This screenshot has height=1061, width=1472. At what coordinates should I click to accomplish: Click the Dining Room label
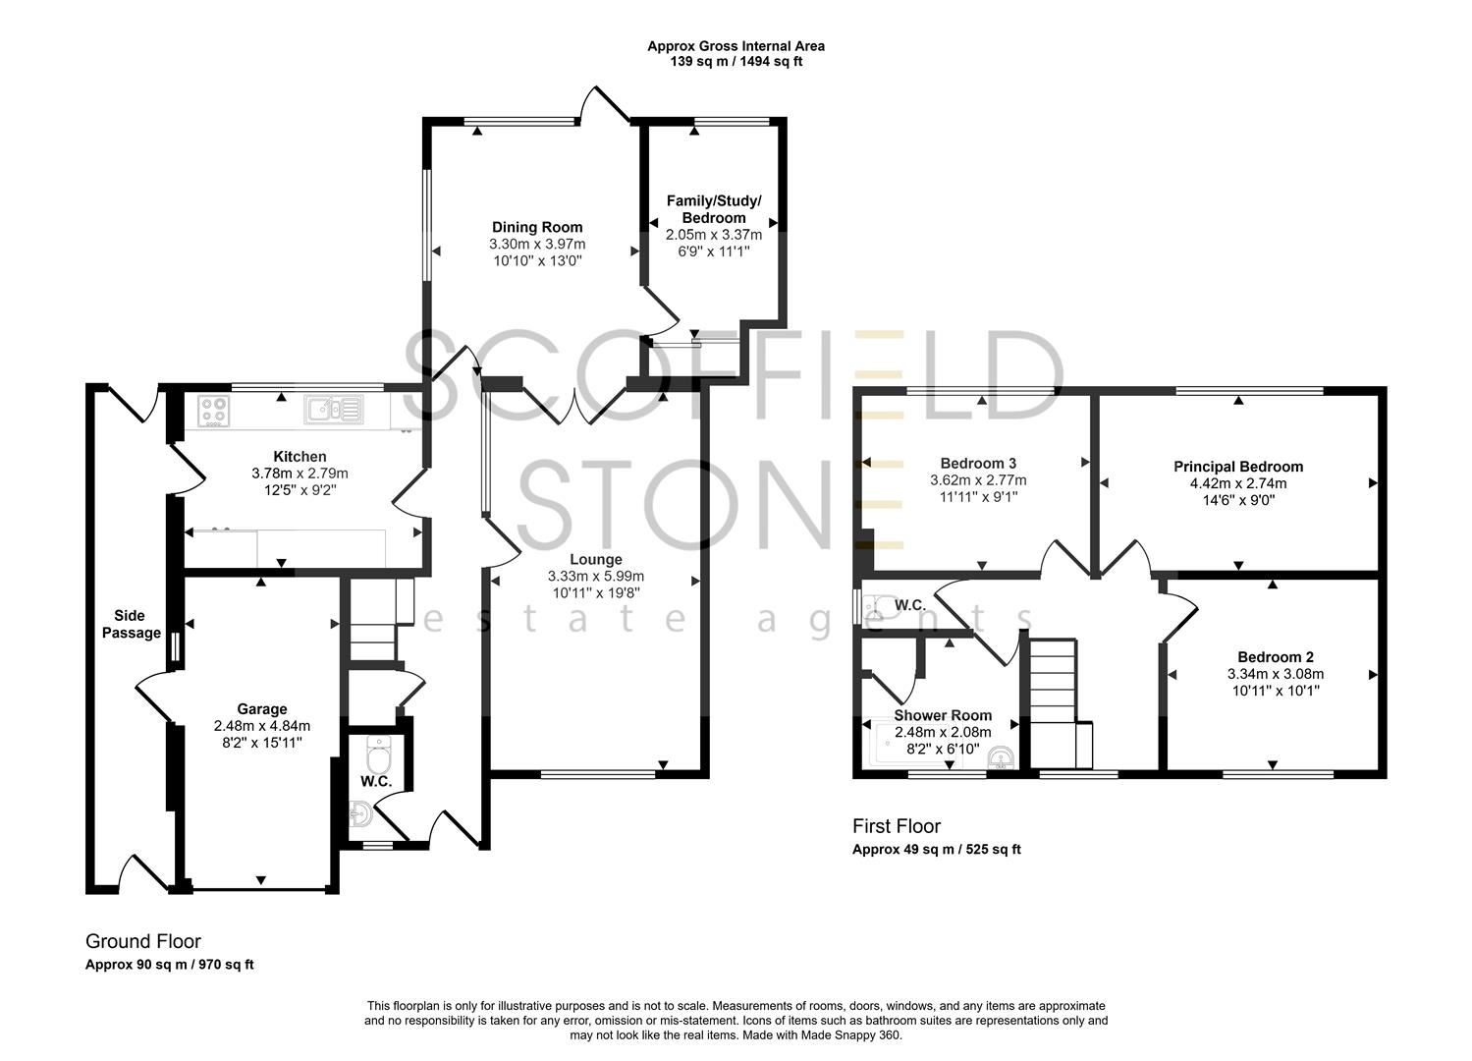tap(537, 227)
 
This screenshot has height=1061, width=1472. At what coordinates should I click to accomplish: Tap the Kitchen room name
tap(300, 456)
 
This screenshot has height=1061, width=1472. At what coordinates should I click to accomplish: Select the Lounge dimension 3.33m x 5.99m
tap(596, 577)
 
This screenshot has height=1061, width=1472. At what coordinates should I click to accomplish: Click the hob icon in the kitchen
tap(213, 411)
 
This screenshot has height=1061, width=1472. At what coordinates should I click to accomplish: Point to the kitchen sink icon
tap(333, 410)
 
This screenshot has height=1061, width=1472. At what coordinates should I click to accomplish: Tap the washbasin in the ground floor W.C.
tap(360, 813)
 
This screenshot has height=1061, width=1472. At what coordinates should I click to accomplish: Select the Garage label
tap(262, 708)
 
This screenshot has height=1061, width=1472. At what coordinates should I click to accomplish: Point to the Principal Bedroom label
tap(1238, 467)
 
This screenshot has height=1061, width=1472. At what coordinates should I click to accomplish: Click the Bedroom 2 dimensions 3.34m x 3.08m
tap(1275, 674)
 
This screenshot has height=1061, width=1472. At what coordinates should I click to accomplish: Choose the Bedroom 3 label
tap(978, 464)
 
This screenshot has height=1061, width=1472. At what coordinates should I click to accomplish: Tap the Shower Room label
tap(943, 715)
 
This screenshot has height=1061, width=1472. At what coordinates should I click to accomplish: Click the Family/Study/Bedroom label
tap(714, 209)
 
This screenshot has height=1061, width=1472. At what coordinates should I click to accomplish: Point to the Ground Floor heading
tap(143, 941)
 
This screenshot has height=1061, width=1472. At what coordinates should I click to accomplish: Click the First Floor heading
tap(897, 826)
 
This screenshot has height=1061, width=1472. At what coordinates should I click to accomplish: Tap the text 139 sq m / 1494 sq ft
tap(736, 62)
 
